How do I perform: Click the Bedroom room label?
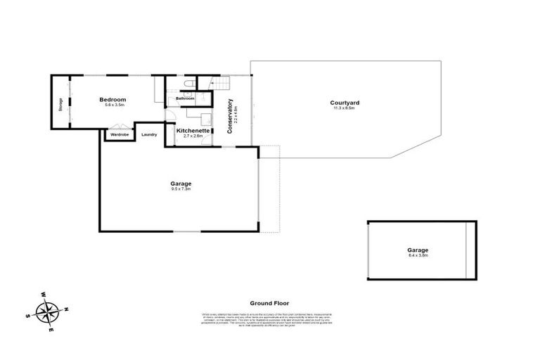[x=112, y=100]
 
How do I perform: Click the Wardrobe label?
[x=120, y=134]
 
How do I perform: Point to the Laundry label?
[x=149, y=134]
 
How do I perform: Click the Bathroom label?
[x=185, y=98]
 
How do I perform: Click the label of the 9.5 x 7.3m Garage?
[x=181, y=184]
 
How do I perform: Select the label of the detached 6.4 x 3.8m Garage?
[x=418, y=250]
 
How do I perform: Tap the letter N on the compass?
[x=65, y=309]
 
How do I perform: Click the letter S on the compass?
[x=28, y=316]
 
